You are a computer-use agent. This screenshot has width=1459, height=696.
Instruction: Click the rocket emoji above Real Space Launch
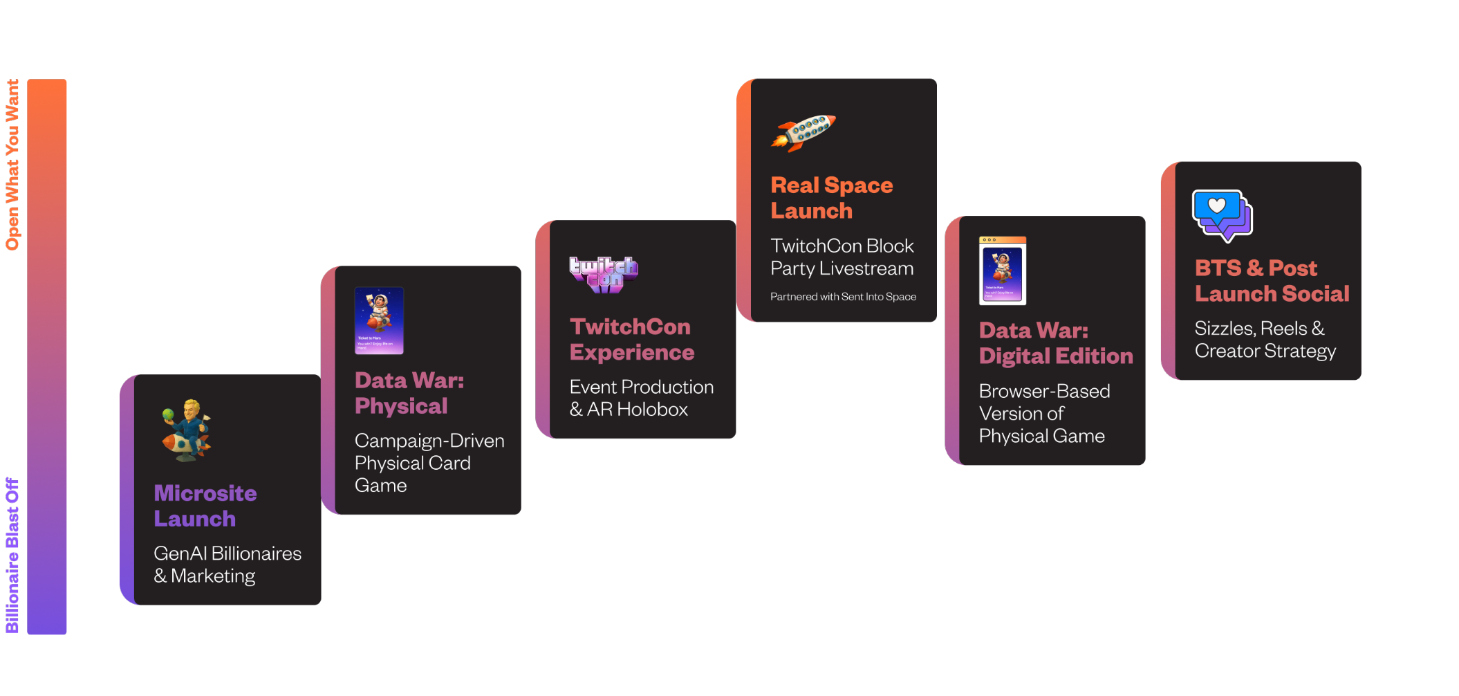pyautogui.click(x=803, y=132)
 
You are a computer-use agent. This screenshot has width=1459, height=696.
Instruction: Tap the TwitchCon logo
pyautogui.click(x=604, y=275)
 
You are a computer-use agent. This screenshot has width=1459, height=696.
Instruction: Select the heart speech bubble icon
pyautogui.click(x=1223, y=215)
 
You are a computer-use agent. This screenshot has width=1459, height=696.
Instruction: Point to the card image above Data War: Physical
pyautogui.click(x=379, y=320)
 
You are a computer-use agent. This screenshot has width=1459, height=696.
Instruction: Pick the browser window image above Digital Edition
pyautogui.click(x=1003, y=271)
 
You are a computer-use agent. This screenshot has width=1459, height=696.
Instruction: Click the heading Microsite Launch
pyautogui.click(x=205, y=506)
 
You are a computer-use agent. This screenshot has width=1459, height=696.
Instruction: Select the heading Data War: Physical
pyautogui.click(x=409, y=393)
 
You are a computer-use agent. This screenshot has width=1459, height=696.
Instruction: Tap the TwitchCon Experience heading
pyautogui.click(x=631, y=340)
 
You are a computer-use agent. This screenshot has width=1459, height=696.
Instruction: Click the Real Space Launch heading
pyautogui.click(x=831, y=198)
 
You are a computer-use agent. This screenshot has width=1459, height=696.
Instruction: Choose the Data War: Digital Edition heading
pyautogui.click(x=1055, y=343)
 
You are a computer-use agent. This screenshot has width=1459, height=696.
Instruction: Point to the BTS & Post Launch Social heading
pyautogui.click(x=1272, y=281)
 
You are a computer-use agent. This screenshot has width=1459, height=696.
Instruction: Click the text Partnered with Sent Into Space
pyautogui.click(x=843, y=297)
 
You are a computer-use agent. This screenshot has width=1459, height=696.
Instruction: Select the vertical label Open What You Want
pyautogui.click(x=12, y=165)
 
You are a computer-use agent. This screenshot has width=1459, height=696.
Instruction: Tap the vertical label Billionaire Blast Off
pyautogui.click(x=12, y=555)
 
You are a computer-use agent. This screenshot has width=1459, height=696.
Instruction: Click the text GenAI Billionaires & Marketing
pyautogui.click(x=227, y=565)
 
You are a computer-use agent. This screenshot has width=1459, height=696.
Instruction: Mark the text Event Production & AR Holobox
pyautogui.click(x=641, y=398)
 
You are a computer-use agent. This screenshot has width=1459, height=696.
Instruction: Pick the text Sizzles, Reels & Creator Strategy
pyautogui.click(x=1265, y=340)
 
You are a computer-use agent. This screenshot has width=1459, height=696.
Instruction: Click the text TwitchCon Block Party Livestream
pyautogui.click(x=842, y=257)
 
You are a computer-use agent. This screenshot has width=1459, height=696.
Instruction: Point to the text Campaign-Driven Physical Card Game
pyautogui.click(x=429, y=463)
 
